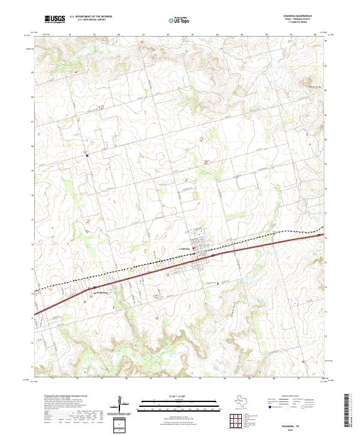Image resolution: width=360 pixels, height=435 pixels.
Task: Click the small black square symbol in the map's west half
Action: click(88, 156)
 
